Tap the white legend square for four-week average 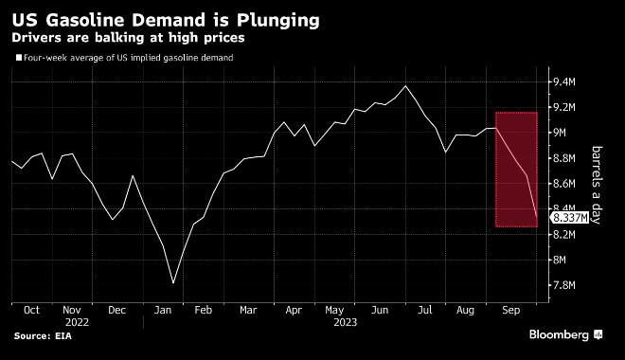tap(17, 59)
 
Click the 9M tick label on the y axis tap(561, 133)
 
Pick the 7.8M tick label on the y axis tap(564, 285)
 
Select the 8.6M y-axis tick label tap(564, 184)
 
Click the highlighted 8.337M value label tap(570, 218)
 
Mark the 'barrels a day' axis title tap(598, 184)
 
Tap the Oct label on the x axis tap(31, 310)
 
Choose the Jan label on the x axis tap(163, 310)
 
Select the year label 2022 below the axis tap(78, 322)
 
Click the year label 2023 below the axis tap(345, 322)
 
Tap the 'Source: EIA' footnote tap(45, 336)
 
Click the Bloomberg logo tap(562, 335)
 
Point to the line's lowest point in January tap(173, 282)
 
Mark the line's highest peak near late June tap(406, 86)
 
